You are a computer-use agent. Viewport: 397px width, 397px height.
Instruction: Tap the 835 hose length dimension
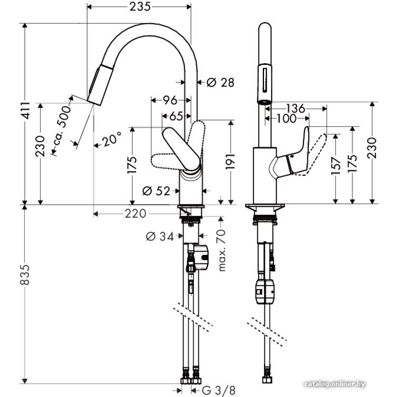tap(25, 274)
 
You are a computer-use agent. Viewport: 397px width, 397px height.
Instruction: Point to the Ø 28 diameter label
tap(220, 83)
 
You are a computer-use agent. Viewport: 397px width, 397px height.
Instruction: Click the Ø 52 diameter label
tap(156, 191)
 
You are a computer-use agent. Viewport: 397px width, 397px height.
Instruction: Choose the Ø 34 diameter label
tap(160, 237)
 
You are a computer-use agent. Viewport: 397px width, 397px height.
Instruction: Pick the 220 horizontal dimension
tap(135, 214)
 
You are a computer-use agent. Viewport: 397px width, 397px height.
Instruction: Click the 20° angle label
tap(111, 140)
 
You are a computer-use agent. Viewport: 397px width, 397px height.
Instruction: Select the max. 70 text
tap(222, 251)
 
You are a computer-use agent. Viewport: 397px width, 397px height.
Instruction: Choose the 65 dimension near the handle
tap(176, 116)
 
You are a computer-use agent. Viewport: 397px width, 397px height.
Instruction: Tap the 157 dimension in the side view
tap(336, 166)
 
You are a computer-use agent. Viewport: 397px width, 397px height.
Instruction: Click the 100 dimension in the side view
tap(287, 118)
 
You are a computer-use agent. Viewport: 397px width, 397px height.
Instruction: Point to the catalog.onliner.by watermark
tap(334, 384)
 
